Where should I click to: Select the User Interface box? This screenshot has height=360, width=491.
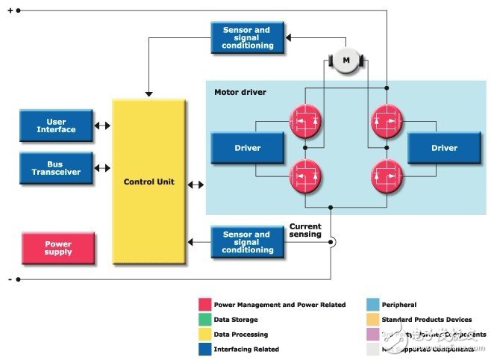tap(57, 125)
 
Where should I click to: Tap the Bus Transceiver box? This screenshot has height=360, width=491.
tap(57, 168)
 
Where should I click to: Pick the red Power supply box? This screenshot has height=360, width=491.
tap(58, 248)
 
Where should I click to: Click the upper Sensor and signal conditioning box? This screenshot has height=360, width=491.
tap(247, 38)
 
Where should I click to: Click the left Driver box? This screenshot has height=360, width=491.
tap(248, 148)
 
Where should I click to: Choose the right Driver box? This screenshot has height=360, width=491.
tap(444, 148)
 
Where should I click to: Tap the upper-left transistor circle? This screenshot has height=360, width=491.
tap(305, 120)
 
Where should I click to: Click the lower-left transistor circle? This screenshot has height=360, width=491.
tap(305, 176)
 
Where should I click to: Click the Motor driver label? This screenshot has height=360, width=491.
tap(240, 93)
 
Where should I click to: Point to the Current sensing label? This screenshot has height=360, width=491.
tap(305, 230)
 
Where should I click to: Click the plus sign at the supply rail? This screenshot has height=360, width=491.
tap(9, 10)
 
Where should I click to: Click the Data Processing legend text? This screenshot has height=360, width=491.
tap(240, 335)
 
